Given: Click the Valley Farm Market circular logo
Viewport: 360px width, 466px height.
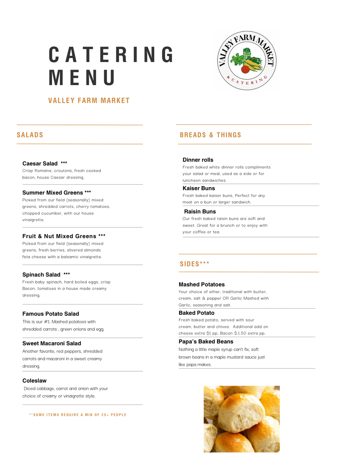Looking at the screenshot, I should pyautogui.click(x=247, y=61).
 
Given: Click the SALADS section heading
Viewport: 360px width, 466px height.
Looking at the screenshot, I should pyautogui.click(x=30, y=135).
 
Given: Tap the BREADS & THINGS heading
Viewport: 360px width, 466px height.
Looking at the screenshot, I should pyautogui.click(x=210, y=135).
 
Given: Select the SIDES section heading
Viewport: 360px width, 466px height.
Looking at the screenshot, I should pyautogui.click(x=194, y=264).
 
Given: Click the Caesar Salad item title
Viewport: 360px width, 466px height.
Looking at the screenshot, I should pyautogui.click(x=40, y=163).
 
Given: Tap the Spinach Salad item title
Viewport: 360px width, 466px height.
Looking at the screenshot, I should pyautogui.click(x=41, y=275).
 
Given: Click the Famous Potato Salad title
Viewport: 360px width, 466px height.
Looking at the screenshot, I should pyautogui.click(x=51, y=314).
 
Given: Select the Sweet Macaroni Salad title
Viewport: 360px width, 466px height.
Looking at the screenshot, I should pyautogui.click(x=52, y=343).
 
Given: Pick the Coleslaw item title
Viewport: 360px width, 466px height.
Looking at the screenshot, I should pyautogui.click(x=35, y=381).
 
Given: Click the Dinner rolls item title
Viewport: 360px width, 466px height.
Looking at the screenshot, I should pyautogui.click(x=198, y=160).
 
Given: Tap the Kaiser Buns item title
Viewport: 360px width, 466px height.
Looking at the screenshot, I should pyautogui.click(x=199, y=188).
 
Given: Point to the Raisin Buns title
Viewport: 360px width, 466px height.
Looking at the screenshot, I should pyautogui.click(x=200, y=212).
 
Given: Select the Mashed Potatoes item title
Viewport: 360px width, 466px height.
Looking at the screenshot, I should pyautogui.click(x=202, y=284).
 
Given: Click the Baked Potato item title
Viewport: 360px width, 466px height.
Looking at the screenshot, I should pyautogui.click(x=197, y=313).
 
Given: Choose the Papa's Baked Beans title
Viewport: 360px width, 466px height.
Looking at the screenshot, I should pyautogui.click(x=206, y=341).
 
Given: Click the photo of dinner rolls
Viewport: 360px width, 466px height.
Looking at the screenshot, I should pyautogui.click(x=242, y=419).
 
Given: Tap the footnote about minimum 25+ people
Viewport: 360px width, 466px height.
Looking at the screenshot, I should pyautogui.click(x=78, y=415).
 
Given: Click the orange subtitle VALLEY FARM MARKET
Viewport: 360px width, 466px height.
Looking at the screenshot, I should pyautogui.click(x=89, y=100).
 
